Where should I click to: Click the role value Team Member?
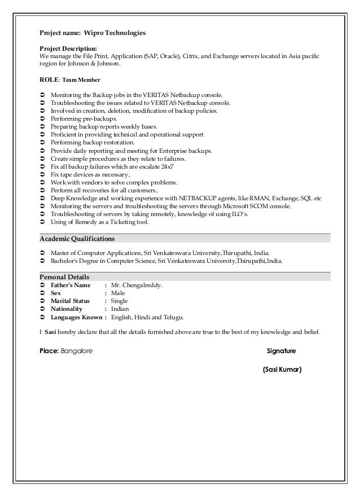coord(80,80)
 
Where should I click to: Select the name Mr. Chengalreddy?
coord(136,285)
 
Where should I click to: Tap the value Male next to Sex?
coord(118,293)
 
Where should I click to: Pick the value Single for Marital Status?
coord(120,301)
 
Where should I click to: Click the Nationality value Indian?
coord(120,309)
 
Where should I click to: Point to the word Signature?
coord(281,350)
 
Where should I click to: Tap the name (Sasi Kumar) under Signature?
coord(282,370)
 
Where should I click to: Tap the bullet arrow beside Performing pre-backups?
coord(43,120)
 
